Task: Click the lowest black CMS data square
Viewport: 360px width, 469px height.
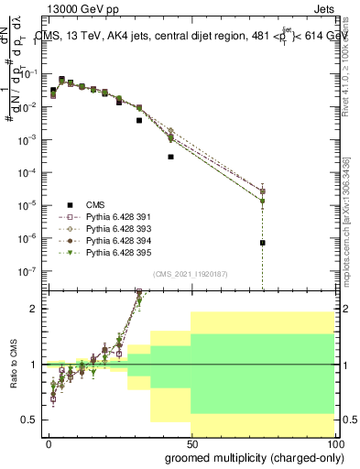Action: (262, 243)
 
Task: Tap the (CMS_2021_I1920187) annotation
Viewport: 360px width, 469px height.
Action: (191, 273)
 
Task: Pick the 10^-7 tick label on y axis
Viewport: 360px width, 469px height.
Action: (30, 271)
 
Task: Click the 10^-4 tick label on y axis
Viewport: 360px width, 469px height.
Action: (30, 172)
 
